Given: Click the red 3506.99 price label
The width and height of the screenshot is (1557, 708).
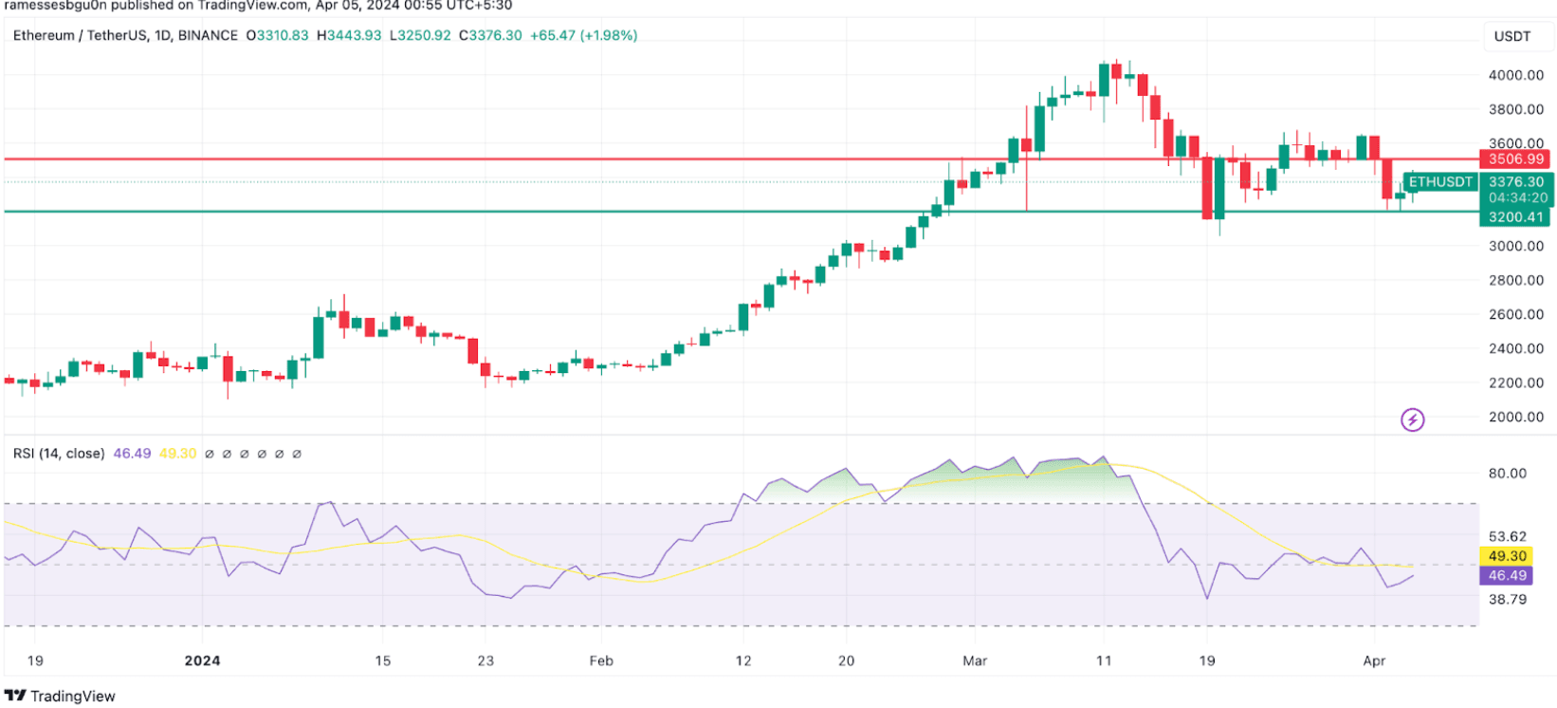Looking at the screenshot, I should click(x=1515, y=159).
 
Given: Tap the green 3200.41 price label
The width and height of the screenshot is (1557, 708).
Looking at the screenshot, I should click(x=1515, y=217).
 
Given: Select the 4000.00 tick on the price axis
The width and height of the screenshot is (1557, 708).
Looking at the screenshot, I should click(x=1515, y=75).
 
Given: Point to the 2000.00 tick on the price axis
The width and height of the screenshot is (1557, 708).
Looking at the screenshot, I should click(x=1515, y=417).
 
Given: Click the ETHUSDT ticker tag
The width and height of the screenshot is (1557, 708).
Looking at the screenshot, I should click(x=1440, y=181).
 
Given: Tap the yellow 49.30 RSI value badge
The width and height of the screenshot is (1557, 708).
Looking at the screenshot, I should click(x=1507, y=556).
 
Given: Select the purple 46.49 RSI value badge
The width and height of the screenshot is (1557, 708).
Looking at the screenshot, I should click(x=1507, y=575).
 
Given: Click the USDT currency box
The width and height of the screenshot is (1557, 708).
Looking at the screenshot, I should click(x=1512, y=36).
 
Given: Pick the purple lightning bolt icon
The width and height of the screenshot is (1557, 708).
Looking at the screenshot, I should click(x=1412, y=419).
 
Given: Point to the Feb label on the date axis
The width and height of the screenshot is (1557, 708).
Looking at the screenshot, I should click(x=601, y=661).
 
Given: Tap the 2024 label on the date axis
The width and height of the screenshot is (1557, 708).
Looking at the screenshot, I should click(x=202, y=661).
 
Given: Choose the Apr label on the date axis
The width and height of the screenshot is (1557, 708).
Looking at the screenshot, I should click(x=1374, y=661).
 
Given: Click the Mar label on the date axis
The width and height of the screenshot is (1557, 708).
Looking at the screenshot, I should click(x=975, y=661).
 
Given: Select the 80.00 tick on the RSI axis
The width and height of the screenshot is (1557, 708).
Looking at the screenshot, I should click(x=1507, y=474).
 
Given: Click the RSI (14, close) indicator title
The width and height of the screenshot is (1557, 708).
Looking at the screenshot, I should click(x=59, y=454).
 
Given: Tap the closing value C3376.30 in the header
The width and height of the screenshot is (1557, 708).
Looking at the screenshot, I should click(x=490, y=35).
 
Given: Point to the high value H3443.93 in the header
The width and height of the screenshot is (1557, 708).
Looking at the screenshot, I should click(x=349, y=35).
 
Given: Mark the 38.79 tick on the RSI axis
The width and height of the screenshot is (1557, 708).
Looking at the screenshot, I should click(x=1507, y=600).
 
